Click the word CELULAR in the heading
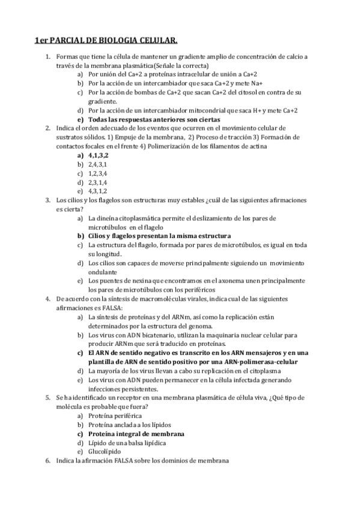tap(157, 41)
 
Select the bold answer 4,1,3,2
tap(100, 155)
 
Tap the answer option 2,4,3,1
tap(98, 164)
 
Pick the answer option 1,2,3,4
tap(98, 173)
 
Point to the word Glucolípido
tap(105, 451)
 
